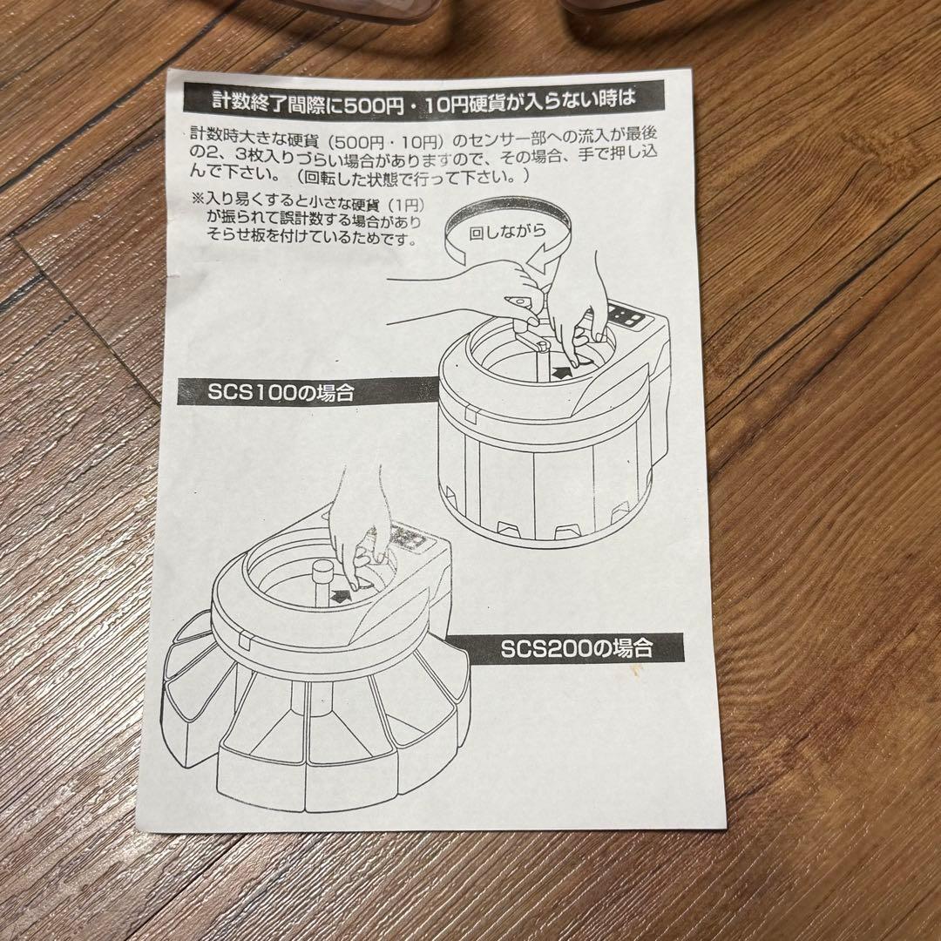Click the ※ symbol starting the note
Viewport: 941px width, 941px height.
coord(197,199)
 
